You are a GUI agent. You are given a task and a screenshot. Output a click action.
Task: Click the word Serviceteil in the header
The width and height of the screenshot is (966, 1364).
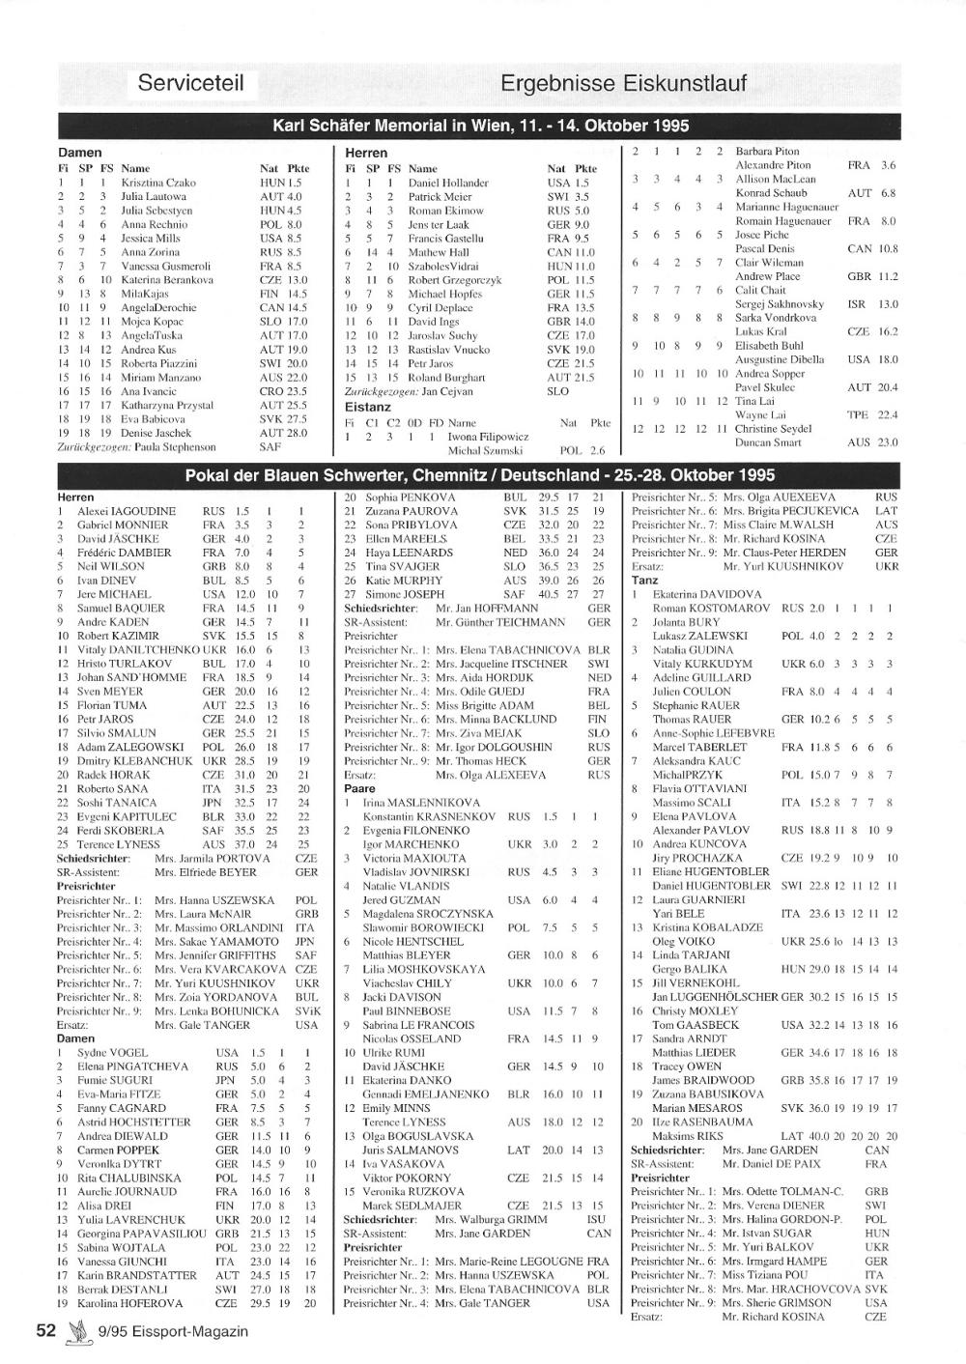pos(190,82)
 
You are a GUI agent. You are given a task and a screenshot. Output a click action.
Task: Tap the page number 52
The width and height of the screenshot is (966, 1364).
pos(45,1330)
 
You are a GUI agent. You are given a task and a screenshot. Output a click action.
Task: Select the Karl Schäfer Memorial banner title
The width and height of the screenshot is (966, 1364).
pos(480,126)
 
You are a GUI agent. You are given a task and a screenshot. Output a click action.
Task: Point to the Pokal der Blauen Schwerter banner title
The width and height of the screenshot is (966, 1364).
pos(479,475)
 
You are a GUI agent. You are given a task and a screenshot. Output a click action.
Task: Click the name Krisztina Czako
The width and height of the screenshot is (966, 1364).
pos(158,182)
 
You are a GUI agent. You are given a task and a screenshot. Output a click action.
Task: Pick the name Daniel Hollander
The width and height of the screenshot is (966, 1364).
pos(448,182)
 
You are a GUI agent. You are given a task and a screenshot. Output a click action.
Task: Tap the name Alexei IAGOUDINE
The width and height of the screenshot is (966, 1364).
pos(127,511)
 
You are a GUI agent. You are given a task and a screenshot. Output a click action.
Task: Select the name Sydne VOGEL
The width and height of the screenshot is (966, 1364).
pos(113,1053)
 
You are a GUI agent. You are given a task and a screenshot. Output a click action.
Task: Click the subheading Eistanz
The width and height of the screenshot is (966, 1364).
pos(368,407)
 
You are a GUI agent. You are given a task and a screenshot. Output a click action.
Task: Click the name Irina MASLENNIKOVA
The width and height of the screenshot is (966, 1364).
pos(421,803)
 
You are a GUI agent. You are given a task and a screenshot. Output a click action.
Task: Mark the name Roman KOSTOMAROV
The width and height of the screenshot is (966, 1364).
pos(711,609)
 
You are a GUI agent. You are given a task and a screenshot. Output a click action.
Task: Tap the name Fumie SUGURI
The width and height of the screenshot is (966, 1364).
pos(115,1081)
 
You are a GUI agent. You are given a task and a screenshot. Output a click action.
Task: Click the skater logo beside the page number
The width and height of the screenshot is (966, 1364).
pos(75,1332)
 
